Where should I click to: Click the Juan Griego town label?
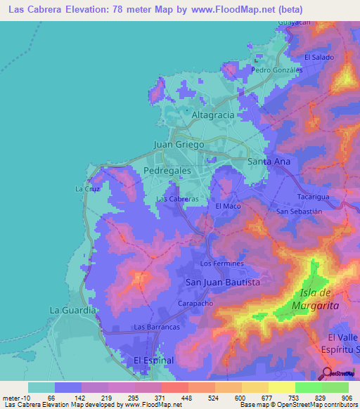pos(179,144)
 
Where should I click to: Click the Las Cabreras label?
pos(177,200)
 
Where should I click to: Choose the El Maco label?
pos(228,206)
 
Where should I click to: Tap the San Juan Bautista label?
pos(222,282)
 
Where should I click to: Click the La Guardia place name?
pos(72,310)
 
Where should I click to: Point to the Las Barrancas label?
pos(157,327)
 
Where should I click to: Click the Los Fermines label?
pos(221,264)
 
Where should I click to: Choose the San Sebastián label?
pos(299,212)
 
